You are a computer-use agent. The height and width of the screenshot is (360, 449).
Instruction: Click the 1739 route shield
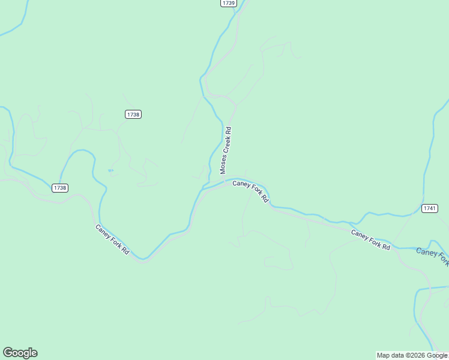pos(228,3)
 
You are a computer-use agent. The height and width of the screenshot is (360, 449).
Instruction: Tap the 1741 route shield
pos(429,208)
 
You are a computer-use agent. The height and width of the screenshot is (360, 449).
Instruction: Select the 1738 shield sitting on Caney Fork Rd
pos(60,188)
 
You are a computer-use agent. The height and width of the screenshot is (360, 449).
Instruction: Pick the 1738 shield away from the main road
pos(133,114)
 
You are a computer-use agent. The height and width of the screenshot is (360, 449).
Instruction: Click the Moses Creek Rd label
pos(226,150)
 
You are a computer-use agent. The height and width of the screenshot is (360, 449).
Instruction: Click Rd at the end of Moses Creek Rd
pos(228,130)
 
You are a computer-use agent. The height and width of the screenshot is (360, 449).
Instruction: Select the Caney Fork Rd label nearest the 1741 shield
pos(370,240)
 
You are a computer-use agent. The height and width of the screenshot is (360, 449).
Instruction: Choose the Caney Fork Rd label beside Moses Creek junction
pos(250,191)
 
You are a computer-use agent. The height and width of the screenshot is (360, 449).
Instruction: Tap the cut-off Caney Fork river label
pos(432,255)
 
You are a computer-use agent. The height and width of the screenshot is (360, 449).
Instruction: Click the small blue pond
pos(110,171)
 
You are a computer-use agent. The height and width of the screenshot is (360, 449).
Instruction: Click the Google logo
pos(20,353)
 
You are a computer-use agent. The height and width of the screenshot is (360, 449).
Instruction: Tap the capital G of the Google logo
pos(8,352)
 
